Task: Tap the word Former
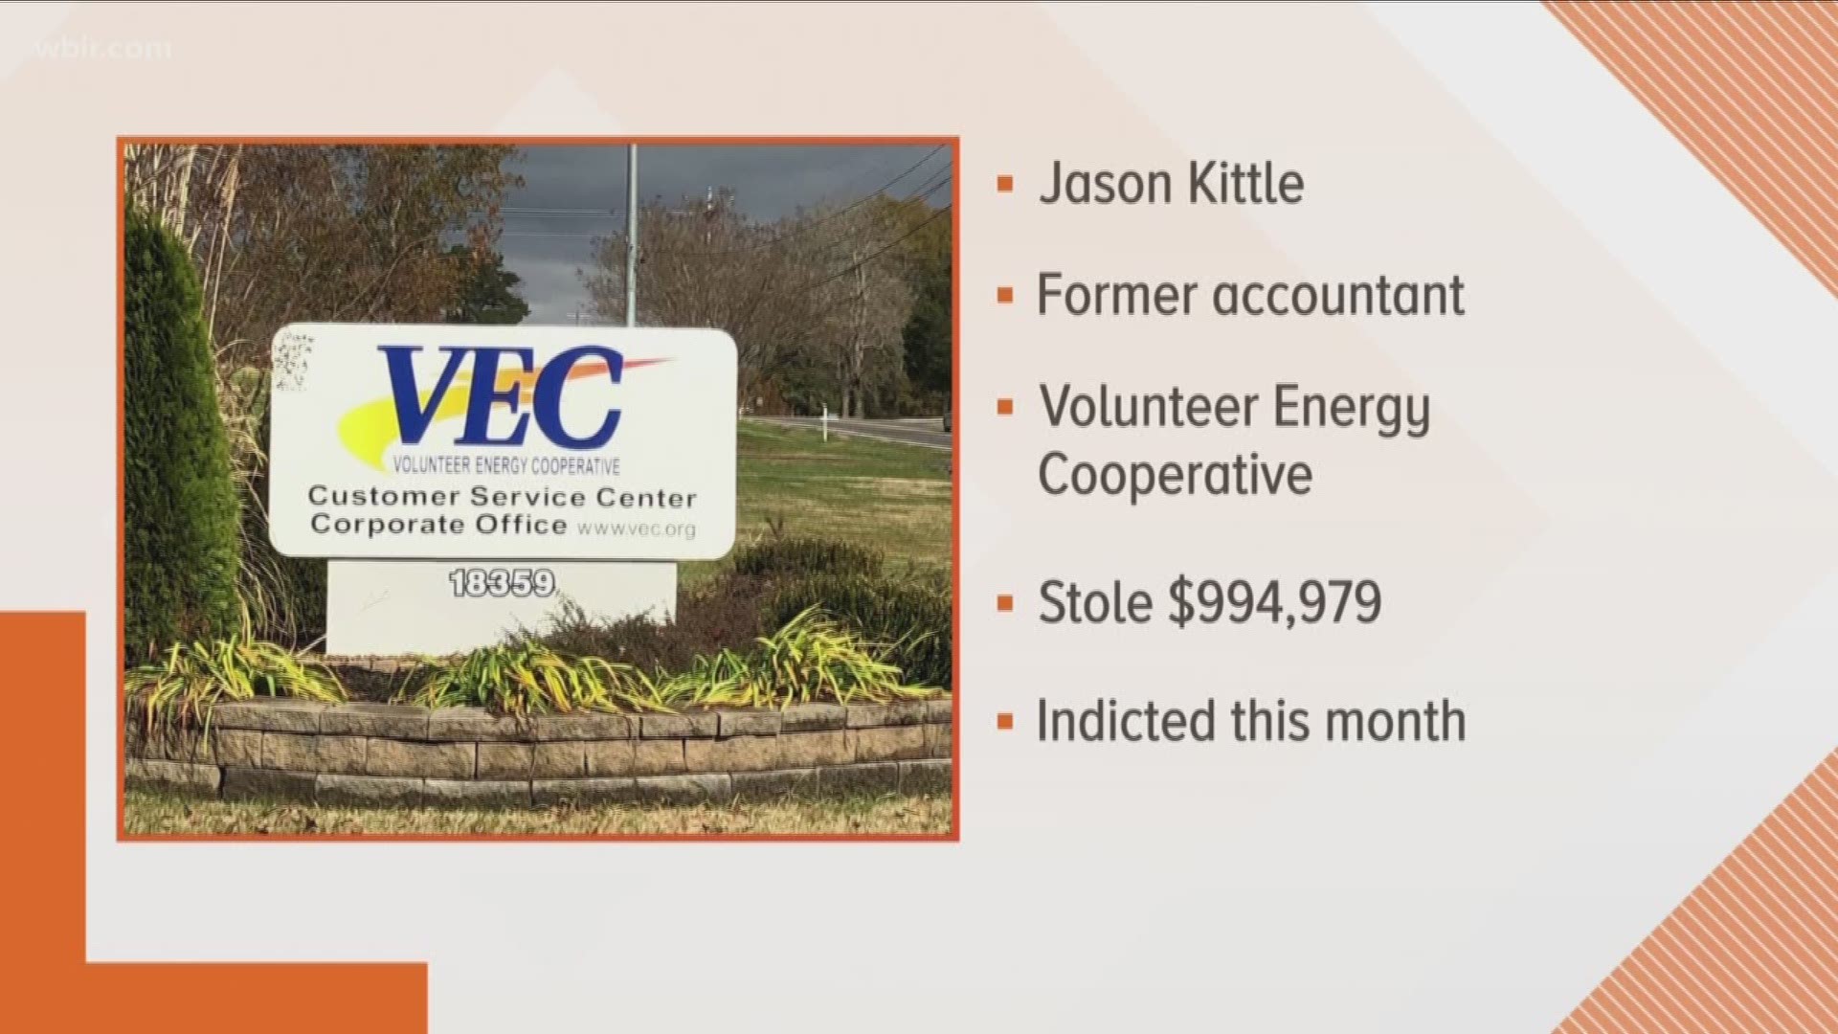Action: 1117,295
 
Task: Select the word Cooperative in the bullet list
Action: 1175,475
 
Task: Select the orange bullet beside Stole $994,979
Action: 1004,603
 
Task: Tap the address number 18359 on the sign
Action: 502,583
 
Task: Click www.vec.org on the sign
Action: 637,528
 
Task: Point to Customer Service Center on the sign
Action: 502,497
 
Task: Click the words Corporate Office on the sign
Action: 438,525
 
